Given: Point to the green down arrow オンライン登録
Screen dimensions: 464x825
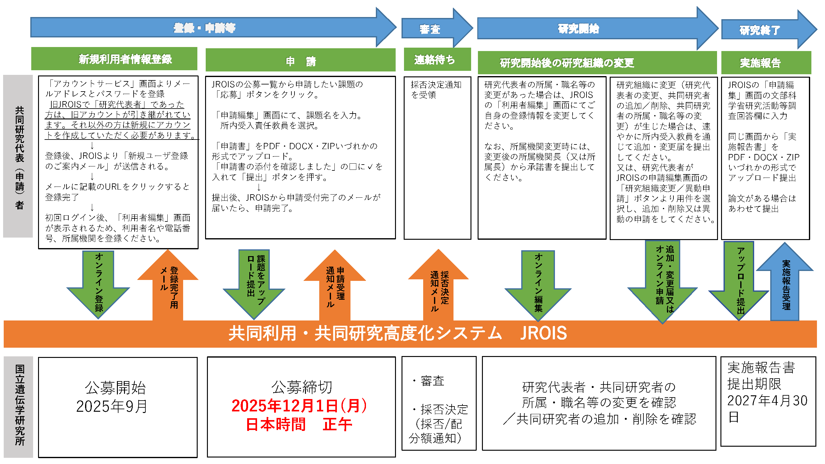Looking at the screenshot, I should tap(99, 282).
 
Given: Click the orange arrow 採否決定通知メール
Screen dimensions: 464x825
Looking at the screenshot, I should tap(438, 288).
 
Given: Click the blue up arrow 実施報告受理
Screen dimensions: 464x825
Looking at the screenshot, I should tap(785, 285).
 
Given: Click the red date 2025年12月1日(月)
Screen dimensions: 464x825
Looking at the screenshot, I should tap(299, 406).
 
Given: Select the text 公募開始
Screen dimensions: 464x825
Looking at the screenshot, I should tap(115, 388).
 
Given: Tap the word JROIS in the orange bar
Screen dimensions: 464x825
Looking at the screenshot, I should tap(543, 333).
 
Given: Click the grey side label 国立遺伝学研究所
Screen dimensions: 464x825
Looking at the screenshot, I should tap(19, 405).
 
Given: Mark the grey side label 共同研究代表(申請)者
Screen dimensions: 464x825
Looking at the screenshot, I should tap(19, 157).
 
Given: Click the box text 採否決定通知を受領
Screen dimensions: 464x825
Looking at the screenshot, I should tap(436, 90).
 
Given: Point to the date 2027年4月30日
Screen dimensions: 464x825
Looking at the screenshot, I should tap(767, 408).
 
